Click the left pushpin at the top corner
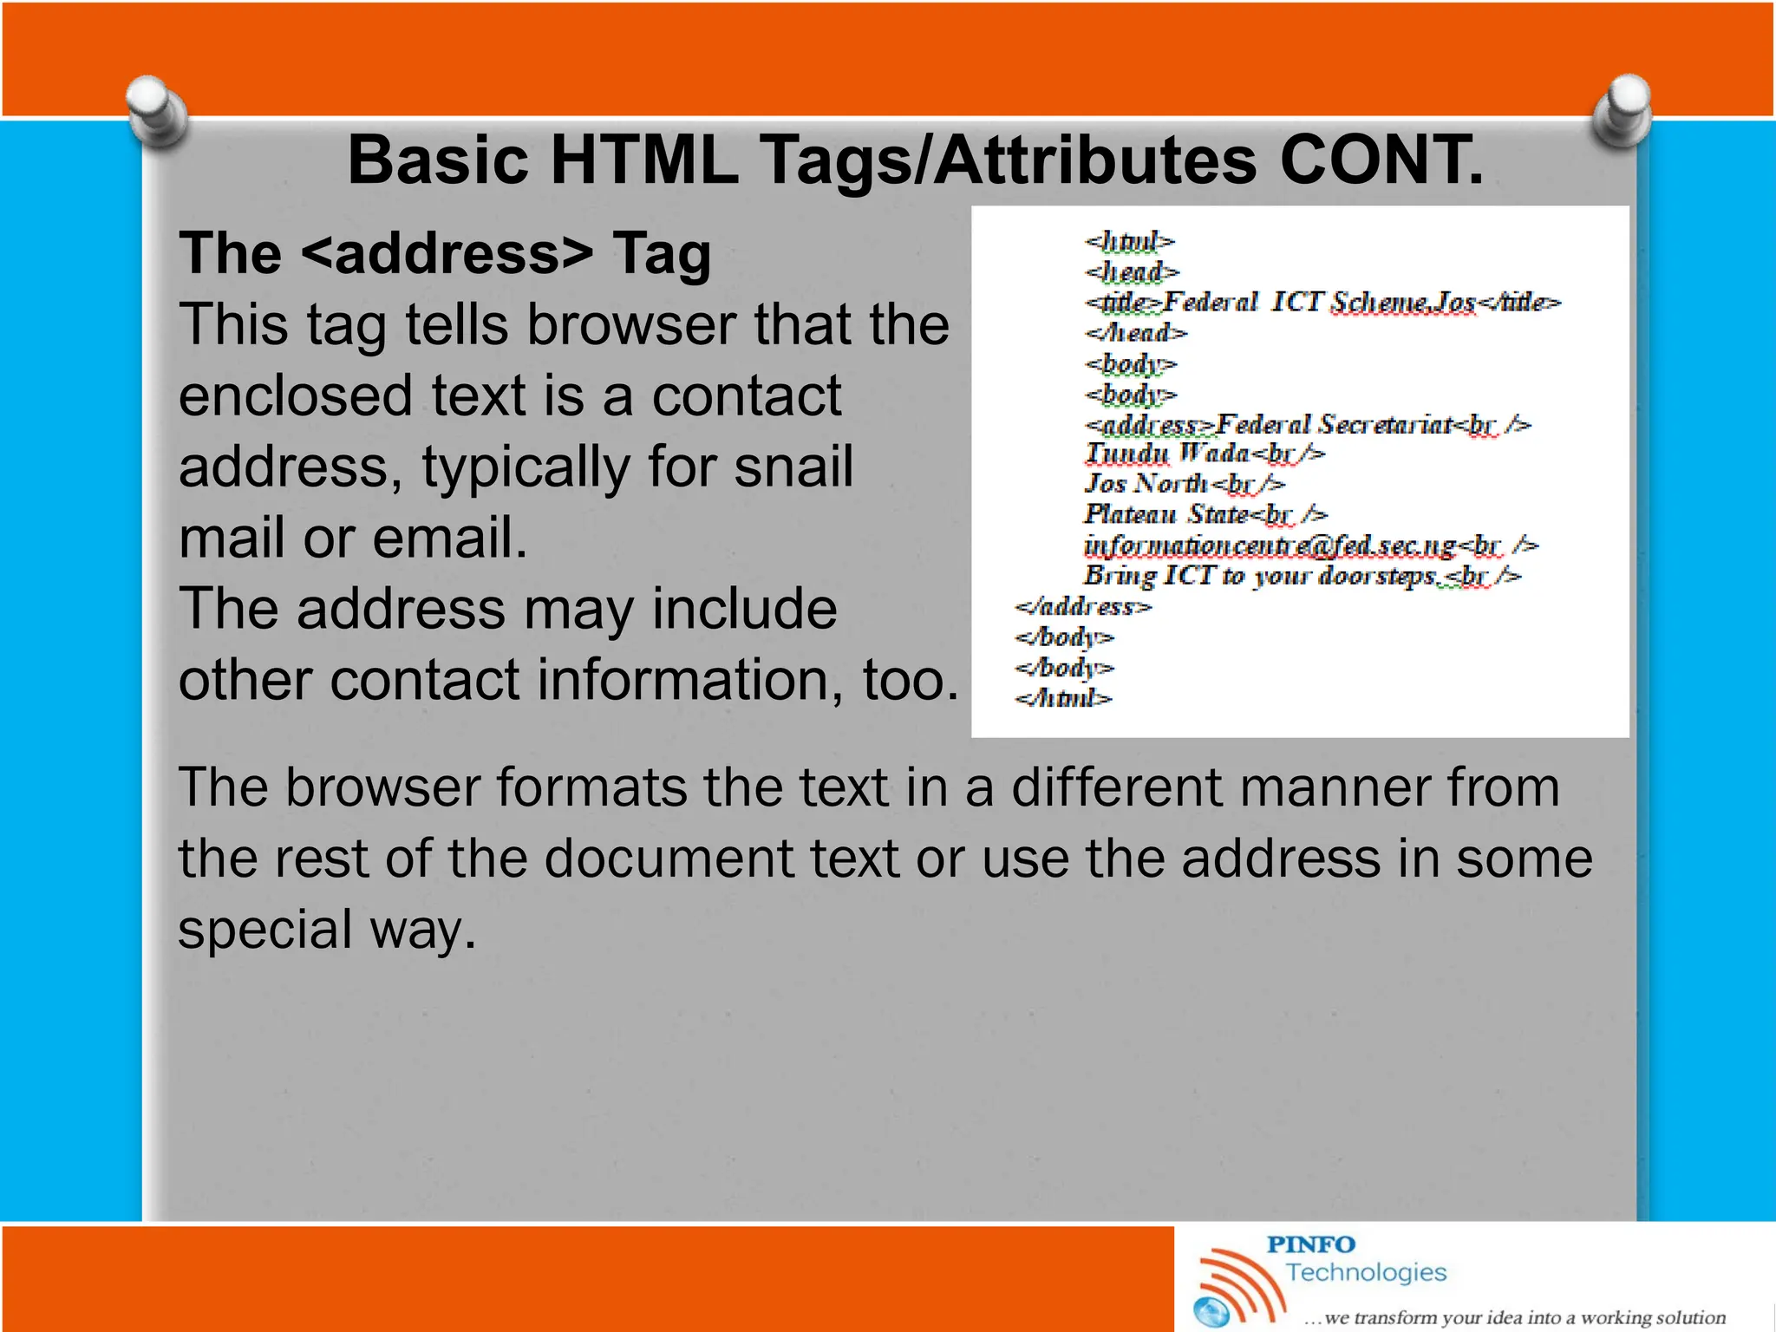point(157,111)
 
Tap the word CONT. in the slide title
point(1381,161)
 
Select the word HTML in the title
point(643,161)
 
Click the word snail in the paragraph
point(793,467)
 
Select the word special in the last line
point(265,929)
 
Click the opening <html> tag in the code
point(1129,241)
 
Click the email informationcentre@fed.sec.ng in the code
point(1270,545)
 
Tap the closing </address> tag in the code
point(1082,607)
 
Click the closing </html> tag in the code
point(1063,698)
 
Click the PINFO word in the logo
point(1310,1244)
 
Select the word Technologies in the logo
point(1366,1272)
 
